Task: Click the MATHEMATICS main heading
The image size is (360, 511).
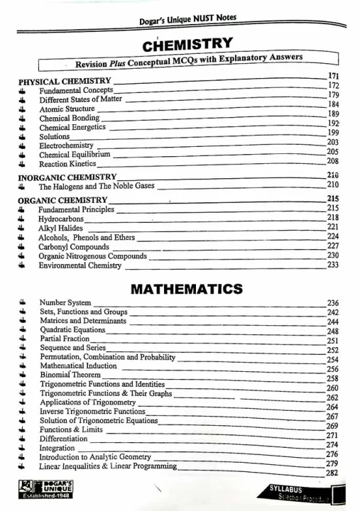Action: (x=187, y=290)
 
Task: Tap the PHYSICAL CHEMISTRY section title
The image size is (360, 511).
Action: (x=64, y=82)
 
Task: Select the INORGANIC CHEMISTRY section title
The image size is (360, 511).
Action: (x=67, y=177)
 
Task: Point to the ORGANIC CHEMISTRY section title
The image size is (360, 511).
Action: (x=62, y=200)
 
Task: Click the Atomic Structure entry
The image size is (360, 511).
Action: (x=67, y=109)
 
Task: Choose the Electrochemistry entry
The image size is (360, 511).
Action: (x=67, y=145)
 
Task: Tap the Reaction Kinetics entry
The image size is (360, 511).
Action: (x=67, y=164)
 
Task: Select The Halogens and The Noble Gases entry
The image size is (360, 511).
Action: (x=95, y=187)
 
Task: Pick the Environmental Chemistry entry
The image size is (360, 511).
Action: (x=80, y=265)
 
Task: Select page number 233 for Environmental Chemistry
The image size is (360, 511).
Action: (x=332, y=265)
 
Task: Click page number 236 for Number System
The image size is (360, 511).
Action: (x=332, y=304)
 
